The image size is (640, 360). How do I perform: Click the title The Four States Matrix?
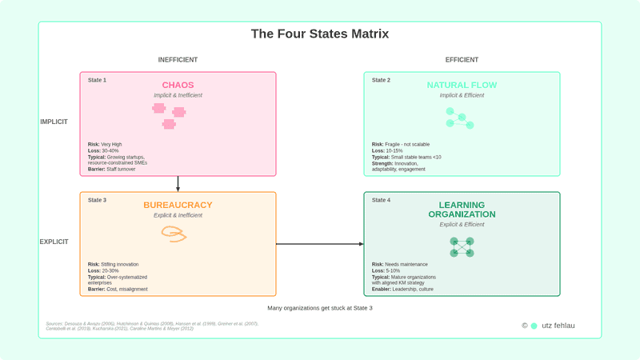[x=320, y=34]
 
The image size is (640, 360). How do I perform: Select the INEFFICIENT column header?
[x=178, y=60]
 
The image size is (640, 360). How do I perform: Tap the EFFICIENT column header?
[x=462, y=60]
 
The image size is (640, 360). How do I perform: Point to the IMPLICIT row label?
[x=54, y=122]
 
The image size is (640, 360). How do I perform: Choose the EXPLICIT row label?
[x=54, y=242]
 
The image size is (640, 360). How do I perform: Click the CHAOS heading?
[x=178, y=85]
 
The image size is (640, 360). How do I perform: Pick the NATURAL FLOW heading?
[x=462, y=85]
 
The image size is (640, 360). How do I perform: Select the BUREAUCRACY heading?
[x=178, y=205]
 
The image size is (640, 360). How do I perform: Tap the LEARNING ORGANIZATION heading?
[x=462, y=210]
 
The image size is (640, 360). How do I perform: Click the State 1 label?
[x=97, y=80]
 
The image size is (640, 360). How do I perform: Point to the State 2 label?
[x=381, y=80]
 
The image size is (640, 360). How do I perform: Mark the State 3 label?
[x=97, y=200]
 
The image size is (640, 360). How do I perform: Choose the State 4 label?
[x=381, y=200]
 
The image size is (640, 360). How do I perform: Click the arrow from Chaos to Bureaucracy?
[x=178, y=184]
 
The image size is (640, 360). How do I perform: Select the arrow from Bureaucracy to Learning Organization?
[x=320, y=243]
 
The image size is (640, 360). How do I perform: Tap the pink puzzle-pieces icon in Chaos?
[x=169, y=115]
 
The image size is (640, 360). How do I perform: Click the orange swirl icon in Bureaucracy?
[x=174, y=234]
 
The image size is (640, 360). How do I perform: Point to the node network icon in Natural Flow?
[x=460, y=118]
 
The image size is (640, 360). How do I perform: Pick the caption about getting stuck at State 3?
[x=320, y=308]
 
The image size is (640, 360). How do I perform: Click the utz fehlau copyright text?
[x=558, y=326]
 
